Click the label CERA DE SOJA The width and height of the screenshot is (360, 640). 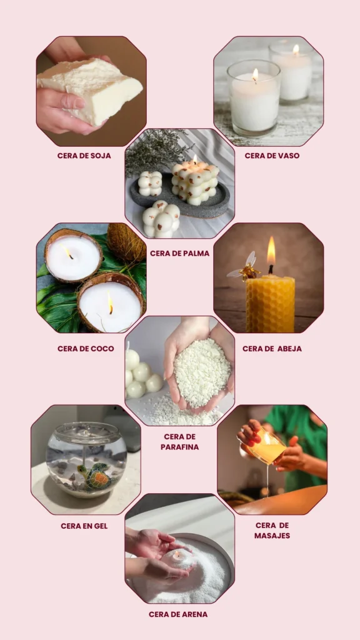(x=84, y=156)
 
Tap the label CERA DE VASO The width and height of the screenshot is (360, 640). (x=272, y=156)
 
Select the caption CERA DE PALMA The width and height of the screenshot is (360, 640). (x=179, y=254)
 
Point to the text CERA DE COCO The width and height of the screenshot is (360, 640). (x=86, y=349)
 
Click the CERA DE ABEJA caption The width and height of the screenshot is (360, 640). (x=272, y=349)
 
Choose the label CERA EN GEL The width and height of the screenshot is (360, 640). (x=84, y=526)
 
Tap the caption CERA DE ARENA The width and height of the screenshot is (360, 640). (x=178, y=614)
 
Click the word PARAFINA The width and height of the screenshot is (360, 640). (x=179, y=447)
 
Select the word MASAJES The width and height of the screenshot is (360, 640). (x=272, y=536)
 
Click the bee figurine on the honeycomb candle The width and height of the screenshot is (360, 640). (x=244, y=267)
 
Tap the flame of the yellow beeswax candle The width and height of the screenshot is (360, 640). (x=271, y=251)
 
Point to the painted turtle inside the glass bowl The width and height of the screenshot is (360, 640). (x=96, y=476)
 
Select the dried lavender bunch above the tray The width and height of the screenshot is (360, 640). (x=157, y=150)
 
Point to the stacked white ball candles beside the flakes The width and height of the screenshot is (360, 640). (x=141, y=374)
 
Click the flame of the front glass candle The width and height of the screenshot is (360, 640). (x=255, y=75)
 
